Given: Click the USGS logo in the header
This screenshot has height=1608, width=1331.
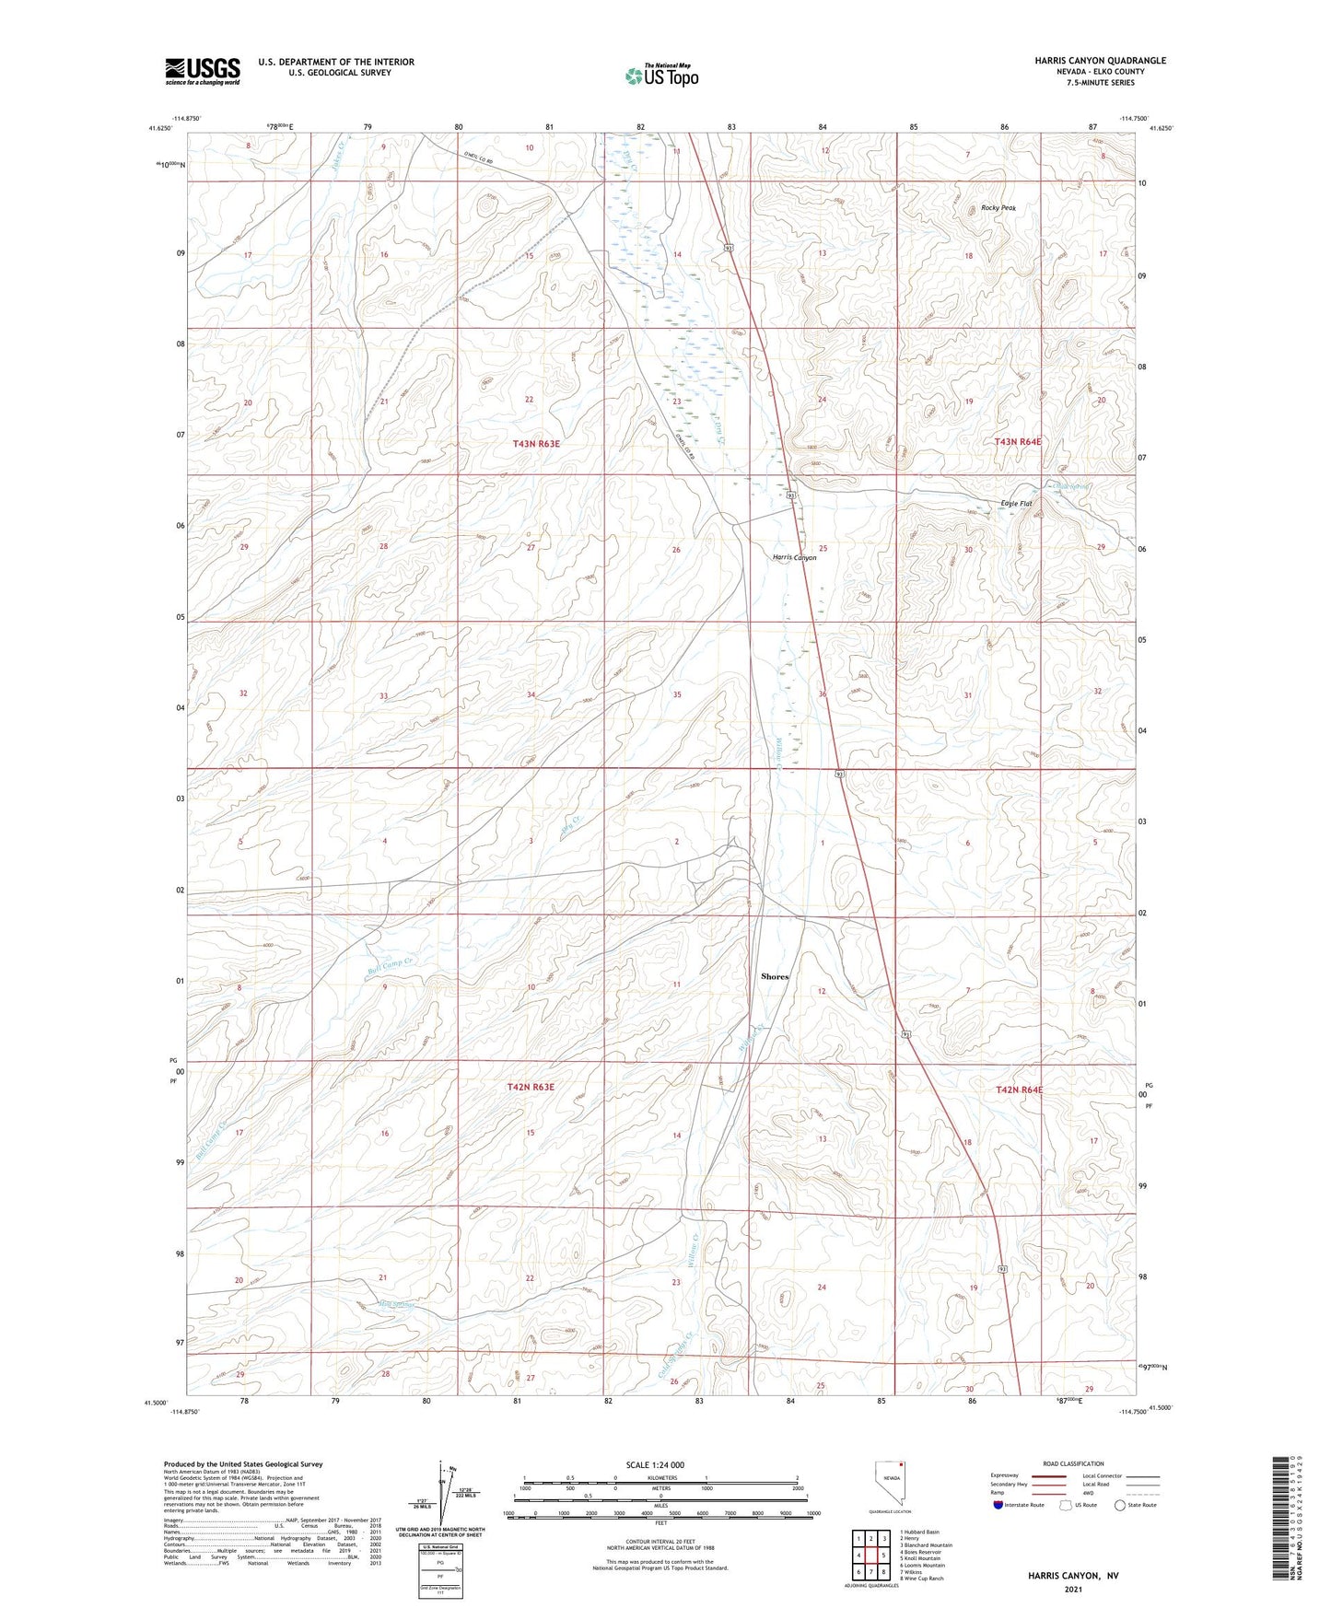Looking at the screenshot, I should [x=203, y=70].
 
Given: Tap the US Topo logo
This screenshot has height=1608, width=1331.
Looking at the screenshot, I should [x=660, y=76].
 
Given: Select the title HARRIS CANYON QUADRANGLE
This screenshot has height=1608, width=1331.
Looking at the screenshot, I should [x=1100, y=61].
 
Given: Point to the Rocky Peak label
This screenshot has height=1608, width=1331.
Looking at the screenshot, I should [x=998, y=208].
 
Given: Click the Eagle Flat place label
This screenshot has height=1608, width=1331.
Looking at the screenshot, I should [x=1016, y=504].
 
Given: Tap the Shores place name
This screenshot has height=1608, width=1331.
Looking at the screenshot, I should [x=775, y=976].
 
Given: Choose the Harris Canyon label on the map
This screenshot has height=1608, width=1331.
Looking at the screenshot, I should [x=794, y=558].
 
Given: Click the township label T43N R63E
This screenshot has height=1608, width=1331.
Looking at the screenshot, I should [x=536, y=444].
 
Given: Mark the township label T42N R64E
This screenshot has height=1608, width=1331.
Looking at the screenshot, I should [x=1019, y=1089].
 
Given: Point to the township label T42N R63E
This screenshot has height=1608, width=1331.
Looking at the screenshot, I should [x=531, y=1088].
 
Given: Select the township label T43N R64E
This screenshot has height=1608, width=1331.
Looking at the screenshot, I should [x=1018, y=442].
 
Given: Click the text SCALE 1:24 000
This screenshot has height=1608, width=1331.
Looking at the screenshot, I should [x=655, y=1464].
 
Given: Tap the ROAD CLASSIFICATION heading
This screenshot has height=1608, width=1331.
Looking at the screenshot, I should [x=1073, y=1463].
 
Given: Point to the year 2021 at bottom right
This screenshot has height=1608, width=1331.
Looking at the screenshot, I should [x=1072, y=1590].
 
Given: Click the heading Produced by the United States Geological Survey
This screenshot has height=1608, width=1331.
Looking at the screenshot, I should [x=243, y=1464].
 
